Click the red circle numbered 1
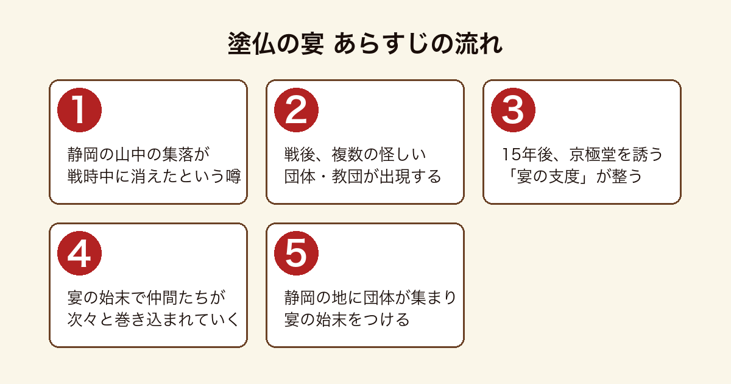click(x=79, y=110)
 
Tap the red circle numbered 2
click(x=296, y=110)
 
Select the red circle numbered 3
click(x=513, y=110)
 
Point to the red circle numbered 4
click(x=79, y=253)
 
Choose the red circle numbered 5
click(x=296, y=253)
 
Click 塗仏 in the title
click(x=252, y=43)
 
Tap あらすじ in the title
click(x=381, y=43)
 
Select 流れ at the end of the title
click(x=478, y=43)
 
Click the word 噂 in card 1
click(x=234, y=176)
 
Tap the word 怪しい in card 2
click(x=403, y=154)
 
